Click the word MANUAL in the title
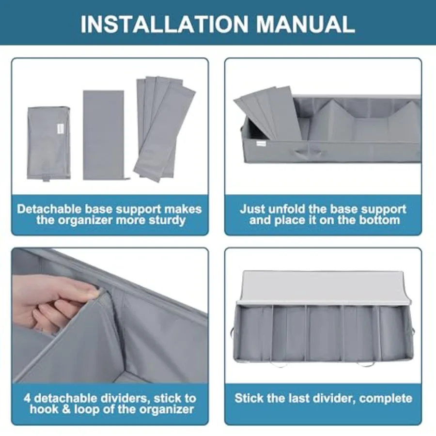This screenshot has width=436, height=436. [x=305, y=24]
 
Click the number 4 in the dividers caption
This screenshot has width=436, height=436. [x=27, y=398]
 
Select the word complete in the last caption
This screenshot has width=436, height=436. [x=386, y=398]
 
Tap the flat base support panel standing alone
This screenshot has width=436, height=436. [x=104, y=135]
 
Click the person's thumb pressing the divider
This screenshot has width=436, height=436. [x=91, y=294]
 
